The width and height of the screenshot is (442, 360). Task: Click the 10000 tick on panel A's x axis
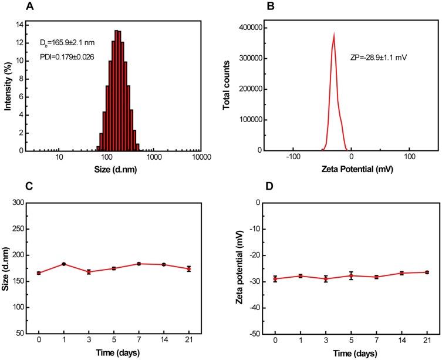pyautogui.click(x=201, y=158)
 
